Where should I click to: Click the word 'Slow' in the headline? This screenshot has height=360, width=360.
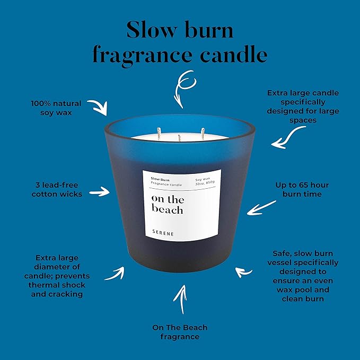[152, 30]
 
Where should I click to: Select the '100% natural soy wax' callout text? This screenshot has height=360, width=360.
[56, 108]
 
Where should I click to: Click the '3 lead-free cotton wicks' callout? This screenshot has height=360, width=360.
[57, 189]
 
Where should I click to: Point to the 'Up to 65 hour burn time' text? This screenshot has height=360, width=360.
[302, 189]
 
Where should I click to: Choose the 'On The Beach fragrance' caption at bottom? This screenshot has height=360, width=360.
[180, 332]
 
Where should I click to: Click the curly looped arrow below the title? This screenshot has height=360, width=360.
[183, 88]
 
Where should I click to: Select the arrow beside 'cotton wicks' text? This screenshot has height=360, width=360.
[99, 192]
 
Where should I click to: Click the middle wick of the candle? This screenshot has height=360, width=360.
[179, 138]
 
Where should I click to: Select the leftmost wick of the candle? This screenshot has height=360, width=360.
[159, 134]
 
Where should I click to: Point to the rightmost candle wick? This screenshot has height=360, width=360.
[203, 134]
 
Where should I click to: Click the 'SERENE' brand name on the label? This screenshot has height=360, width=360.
[163, 233]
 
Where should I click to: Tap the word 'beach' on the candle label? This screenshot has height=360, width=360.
[167, 209]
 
